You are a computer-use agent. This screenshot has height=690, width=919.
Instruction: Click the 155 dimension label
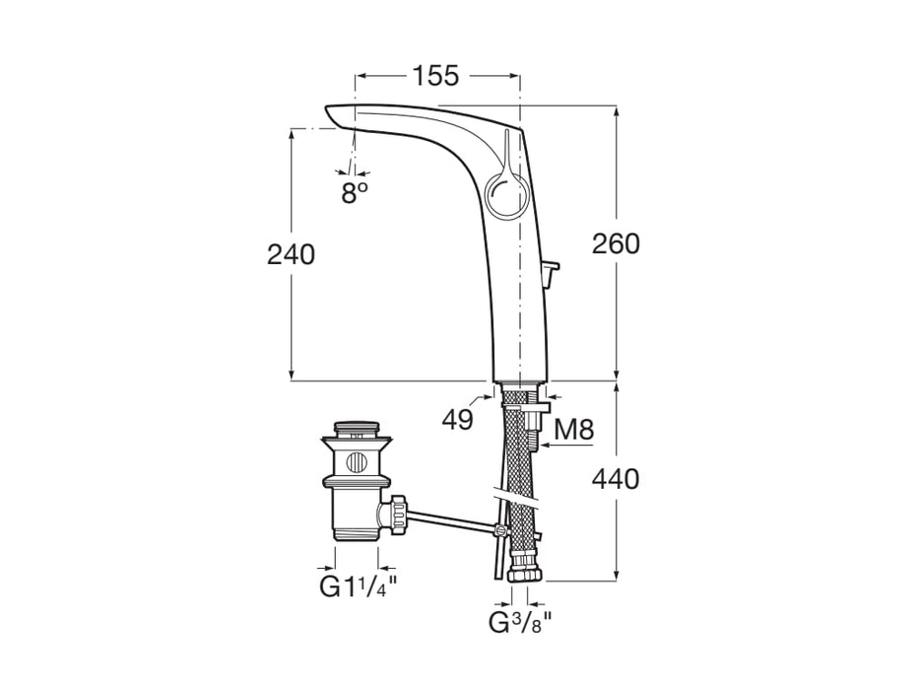(x=435, y=76)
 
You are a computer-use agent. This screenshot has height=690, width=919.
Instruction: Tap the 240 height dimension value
(x=292, y=254)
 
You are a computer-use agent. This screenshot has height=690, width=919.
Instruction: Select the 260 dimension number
(x=616, y=243)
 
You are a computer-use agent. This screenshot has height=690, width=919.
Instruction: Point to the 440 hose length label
(x=616, y=480)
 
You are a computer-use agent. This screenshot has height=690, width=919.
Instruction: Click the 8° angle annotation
(x=355, y=193)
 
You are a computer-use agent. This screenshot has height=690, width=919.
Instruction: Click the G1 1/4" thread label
(x=358, y=588)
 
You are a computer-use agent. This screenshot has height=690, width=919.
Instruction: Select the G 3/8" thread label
(x=519, y=623)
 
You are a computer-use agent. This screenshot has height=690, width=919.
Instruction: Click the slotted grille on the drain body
(x=357, y=461)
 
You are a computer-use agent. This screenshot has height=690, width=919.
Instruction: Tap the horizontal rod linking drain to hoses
(x=453, y=519)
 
